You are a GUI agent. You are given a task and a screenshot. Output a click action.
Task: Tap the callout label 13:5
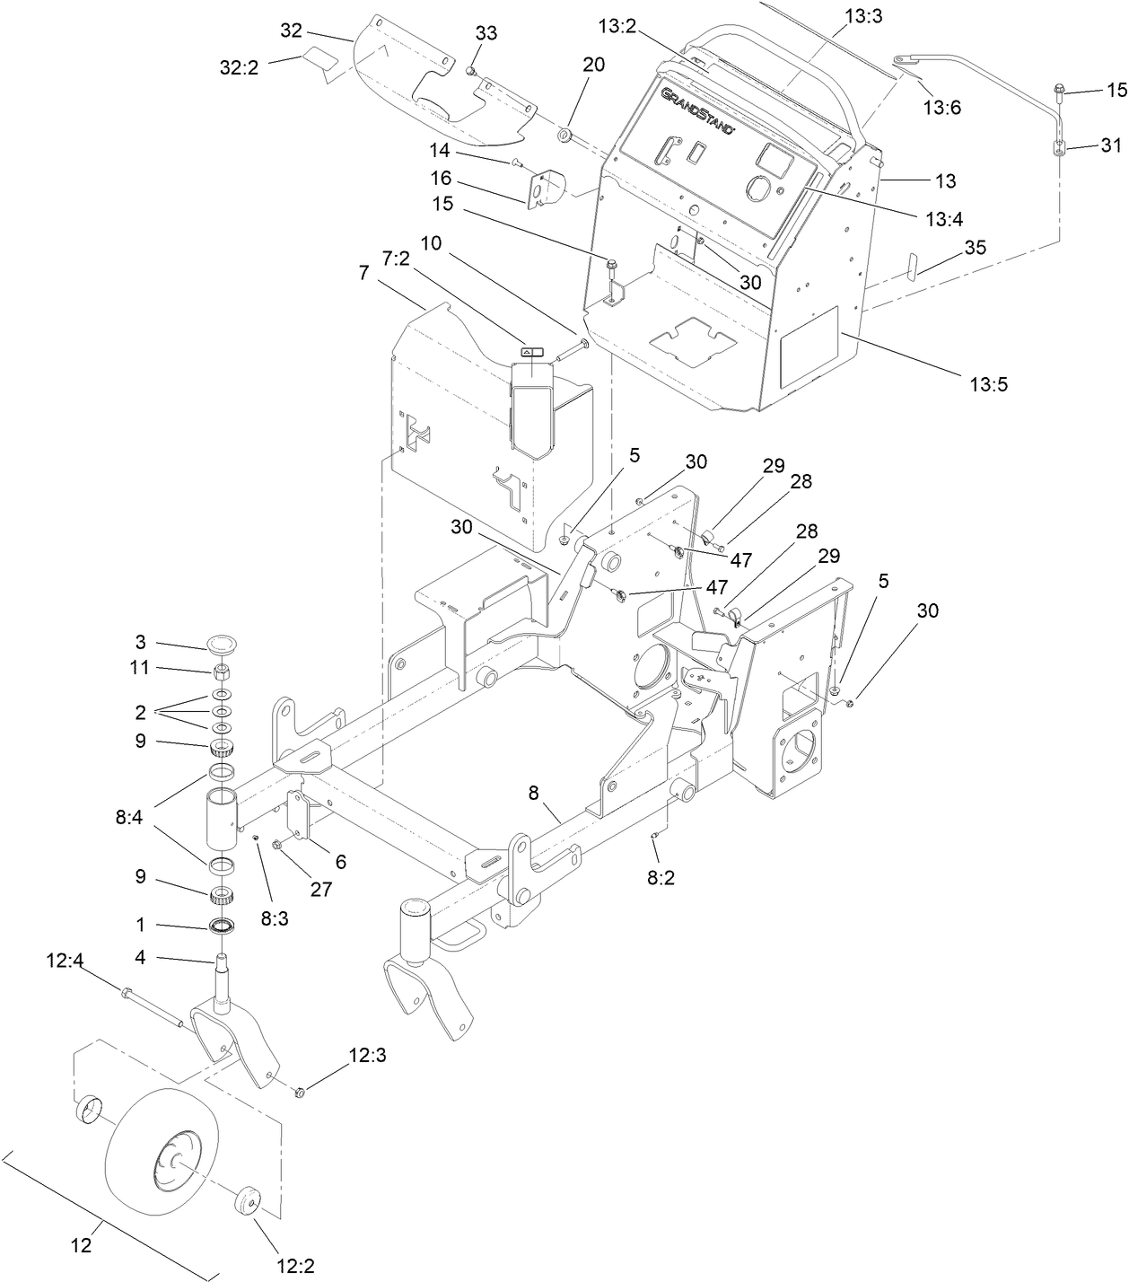(x=989, y=384)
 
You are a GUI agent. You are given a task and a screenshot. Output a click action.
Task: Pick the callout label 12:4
(x=65, y=961)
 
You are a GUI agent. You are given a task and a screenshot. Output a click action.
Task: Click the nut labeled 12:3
(x=301, y=1092)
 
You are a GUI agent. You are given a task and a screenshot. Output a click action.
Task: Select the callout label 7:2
(x=396, y=259)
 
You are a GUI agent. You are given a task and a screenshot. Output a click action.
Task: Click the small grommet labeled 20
(x=565, y=135)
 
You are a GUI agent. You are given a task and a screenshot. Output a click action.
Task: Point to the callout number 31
(x=1111, y=145)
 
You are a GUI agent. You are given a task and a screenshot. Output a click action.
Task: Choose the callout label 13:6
(x=941, y=108)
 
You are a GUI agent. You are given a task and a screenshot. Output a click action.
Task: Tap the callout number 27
(x=320, y=890)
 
